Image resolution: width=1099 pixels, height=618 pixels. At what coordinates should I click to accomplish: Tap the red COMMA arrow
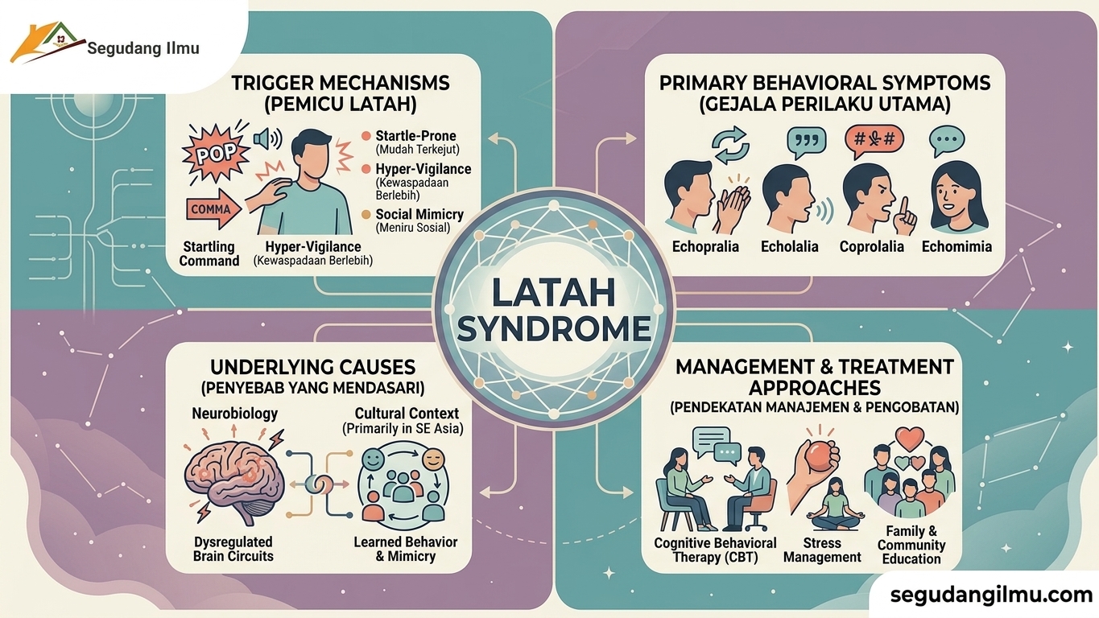coord(213,209)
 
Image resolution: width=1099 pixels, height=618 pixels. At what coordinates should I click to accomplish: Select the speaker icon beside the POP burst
coord(267,138)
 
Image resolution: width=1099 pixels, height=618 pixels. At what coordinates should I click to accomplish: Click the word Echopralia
coord(705,246)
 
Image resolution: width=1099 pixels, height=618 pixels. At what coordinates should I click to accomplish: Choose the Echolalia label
coord(789,246)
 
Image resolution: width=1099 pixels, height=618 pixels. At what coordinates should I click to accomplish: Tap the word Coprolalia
coord(871,246)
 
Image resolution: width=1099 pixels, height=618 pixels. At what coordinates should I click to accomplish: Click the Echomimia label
coord(956,246)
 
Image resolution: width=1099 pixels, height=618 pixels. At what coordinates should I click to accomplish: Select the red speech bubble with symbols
coord(874,142)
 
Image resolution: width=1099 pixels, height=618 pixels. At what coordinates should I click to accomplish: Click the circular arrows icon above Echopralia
coord(731,145)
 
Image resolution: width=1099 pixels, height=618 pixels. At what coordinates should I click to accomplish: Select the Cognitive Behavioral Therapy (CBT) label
coord(715,550)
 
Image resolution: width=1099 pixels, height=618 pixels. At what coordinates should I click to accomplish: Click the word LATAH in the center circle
coord(553,293)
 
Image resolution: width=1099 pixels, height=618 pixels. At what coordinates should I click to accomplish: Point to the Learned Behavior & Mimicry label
coord(405,550)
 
